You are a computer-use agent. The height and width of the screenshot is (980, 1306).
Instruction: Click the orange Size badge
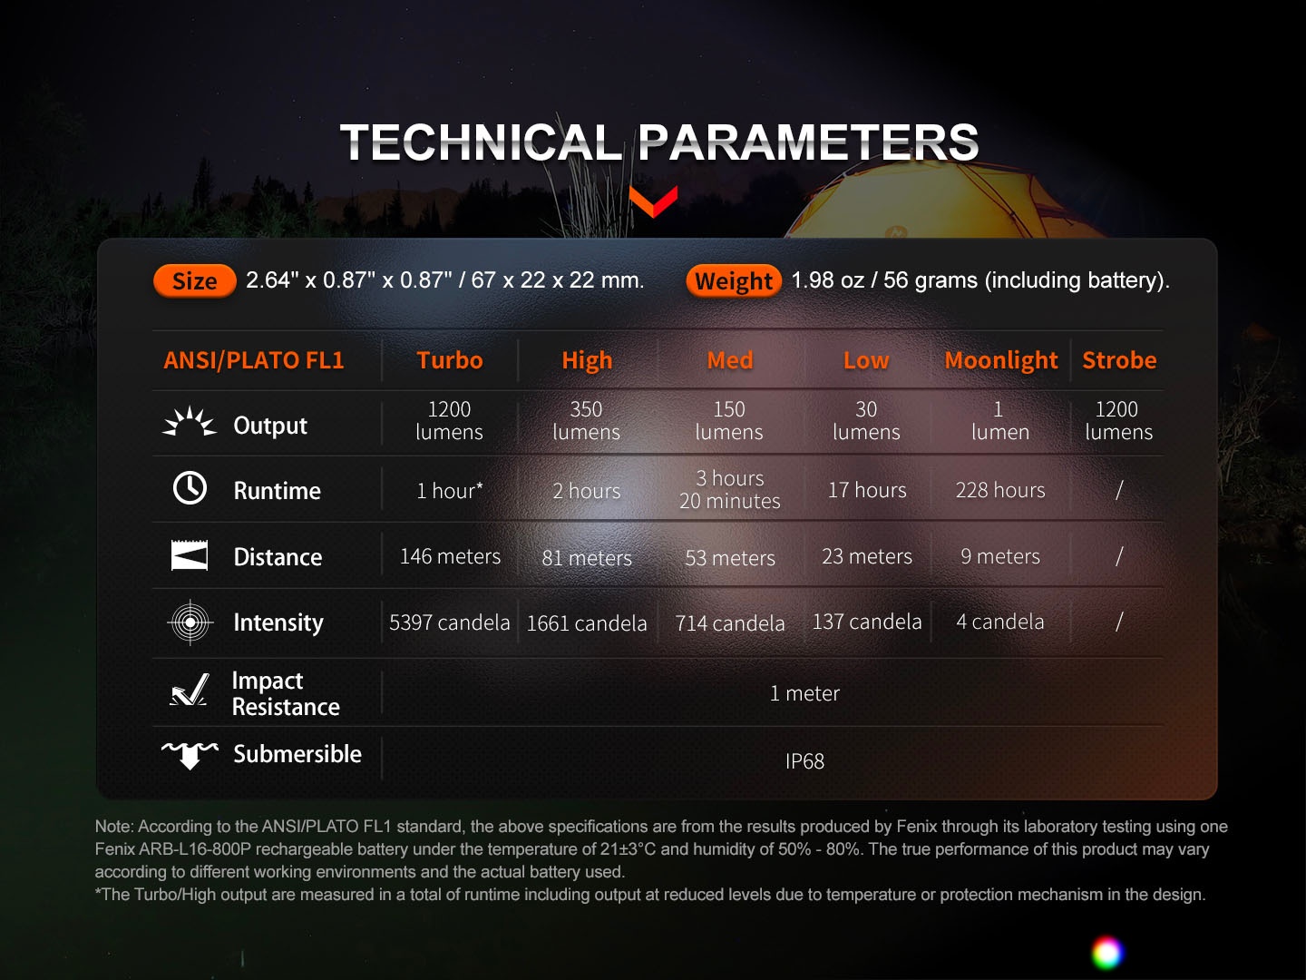tap(195, 281)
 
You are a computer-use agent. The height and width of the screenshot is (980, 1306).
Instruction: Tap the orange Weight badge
tap(734, 281)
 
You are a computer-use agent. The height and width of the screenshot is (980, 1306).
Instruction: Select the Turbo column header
tap(450, 360)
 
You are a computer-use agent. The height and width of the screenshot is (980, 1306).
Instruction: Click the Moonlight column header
tap(1001, 360)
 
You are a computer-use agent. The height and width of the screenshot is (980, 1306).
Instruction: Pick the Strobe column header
tap(1119, 360)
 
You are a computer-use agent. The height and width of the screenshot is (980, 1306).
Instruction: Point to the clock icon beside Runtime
tap(190, 488)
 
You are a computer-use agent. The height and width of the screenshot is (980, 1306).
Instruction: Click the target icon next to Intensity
tap(190, 622)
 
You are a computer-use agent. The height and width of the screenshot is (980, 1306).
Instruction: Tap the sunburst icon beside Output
tap(190, 422)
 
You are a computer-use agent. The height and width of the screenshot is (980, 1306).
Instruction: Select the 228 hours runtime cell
tap(1000, 490)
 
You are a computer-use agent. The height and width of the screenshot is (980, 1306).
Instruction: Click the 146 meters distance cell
tap(450, 556)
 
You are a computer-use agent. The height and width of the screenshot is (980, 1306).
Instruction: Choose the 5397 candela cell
tap(449, 622)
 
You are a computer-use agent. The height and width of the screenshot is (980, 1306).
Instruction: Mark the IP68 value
tap(804, 761)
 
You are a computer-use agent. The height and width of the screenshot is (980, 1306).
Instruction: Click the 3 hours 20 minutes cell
tap(730, 490)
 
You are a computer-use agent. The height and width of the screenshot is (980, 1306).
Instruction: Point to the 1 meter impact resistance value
tap(804, 693)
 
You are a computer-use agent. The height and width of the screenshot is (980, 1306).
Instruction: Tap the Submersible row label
tap(297, 754)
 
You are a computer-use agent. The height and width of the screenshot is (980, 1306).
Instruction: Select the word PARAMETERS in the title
tap(809, 142)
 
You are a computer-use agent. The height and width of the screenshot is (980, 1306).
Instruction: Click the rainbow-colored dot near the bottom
tap(1106, 952)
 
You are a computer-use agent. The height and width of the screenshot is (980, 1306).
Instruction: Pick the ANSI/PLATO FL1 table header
tap(254, 360)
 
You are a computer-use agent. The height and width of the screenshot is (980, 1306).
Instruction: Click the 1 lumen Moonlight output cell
tap(1000, 421)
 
